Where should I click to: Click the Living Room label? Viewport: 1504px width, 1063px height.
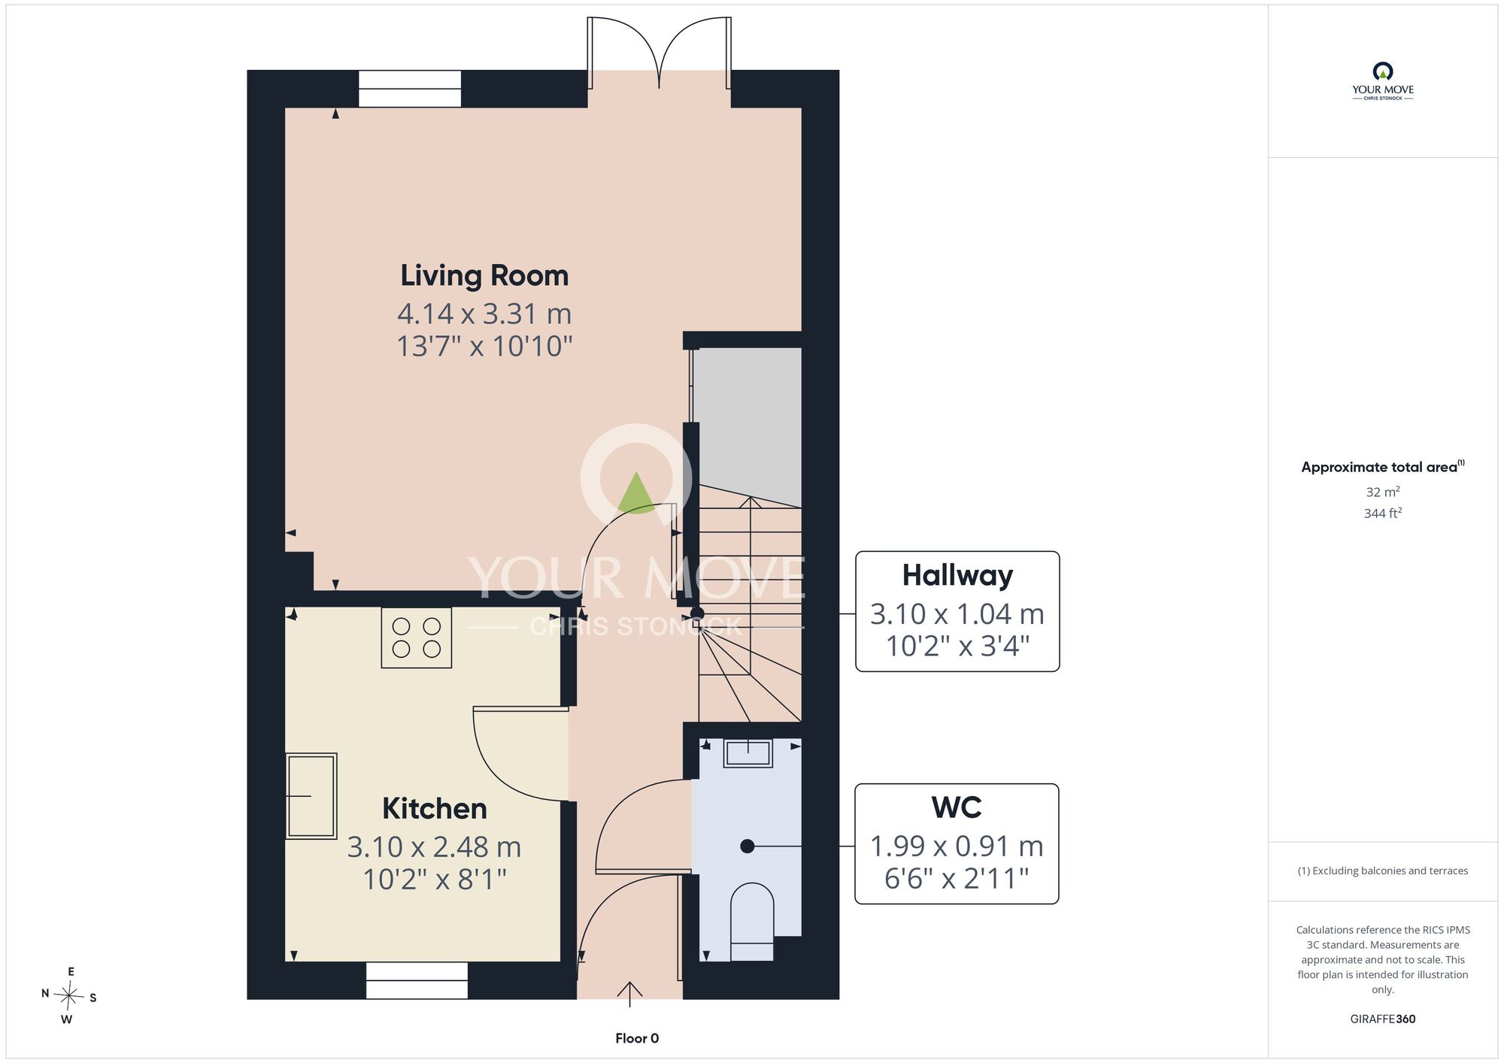tap(484, 276)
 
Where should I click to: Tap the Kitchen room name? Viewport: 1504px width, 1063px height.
tap(435, 809)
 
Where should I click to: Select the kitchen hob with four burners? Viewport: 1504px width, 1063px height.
tap(417, 637)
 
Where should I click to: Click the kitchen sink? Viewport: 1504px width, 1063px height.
tap(311, 795)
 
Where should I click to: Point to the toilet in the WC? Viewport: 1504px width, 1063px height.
tap(752, 922)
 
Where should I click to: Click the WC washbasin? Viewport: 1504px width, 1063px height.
tap(747, 753)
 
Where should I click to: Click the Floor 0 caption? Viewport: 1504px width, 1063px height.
tap(637, 1038)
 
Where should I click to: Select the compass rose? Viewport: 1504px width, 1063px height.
tap(68, 996)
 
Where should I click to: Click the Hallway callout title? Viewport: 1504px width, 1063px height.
tap(957, 575)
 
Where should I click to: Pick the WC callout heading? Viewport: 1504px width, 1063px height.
tap(957, 807)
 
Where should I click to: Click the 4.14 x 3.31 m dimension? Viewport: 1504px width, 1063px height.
tap(484, 313)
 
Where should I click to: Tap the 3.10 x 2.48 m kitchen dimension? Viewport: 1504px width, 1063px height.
tap(434, 847)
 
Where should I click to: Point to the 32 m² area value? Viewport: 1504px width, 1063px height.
tap(1383, 492)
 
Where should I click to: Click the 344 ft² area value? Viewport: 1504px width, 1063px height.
tap(1383, 513)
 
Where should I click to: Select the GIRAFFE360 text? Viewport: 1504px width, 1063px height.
tap(1383, 1019)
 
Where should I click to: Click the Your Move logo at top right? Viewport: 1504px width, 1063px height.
tap(1383, 81)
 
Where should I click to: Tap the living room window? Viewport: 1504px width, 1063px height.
tap(410, 89)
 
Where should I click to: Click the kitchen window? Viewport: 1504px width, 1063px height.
tap(417, 980)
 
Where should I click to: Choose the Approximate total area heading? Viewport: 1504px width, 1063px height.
tap(1383, 467)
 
